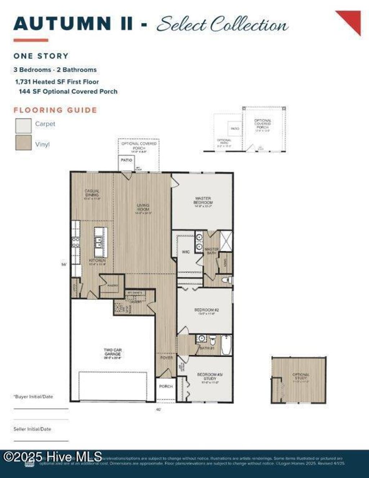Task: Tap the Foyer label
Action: [x=166, y=358]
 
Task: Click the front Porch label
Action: [x=166, y=386]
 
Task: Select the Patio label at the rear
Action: [x=126, y=160]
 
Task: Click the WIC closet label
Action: [x=186, y=252]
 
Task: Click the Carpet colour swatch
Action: [x=23, y=126]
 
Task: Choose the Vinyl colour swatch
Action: [x=23, y=142]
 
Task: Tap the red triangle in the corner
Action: [x=351, y=20]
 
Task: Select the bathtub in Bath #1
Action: [x=226, y=345]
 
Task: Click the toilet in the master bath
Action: [x=226, y=280]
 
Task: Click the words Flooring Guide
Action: [x=55, y=110]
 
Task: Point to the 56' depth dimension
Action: [x=64, y=265]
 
